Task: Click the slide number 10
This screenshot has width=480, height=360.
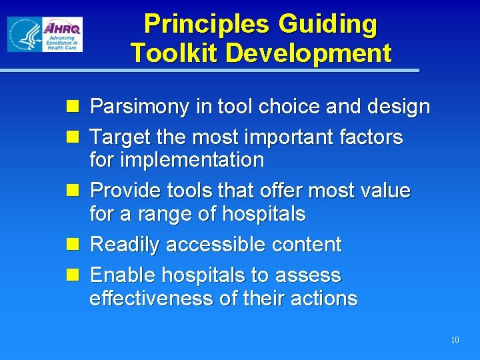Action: click(455, 340)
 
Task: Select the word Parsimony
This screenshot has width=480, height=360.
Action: click(141, 107)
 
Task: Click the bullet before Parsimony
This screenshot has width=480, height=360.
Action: click(75, 106)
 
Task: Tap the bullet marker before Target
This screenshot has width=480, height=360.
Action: click(75, 137)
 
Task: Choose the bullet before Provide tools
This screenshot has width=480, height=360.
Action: click(75, 190)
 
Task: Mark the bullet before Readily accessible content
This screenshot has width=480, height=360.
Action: click(75, 244)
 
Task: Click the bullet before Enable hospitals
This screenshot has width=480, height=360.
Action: click(75, 275)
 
